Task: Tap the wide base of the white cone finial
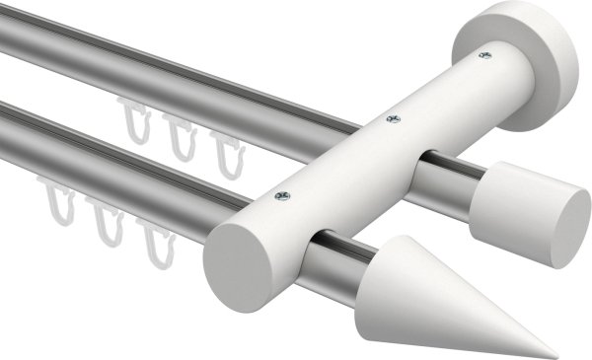(395, 266)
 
